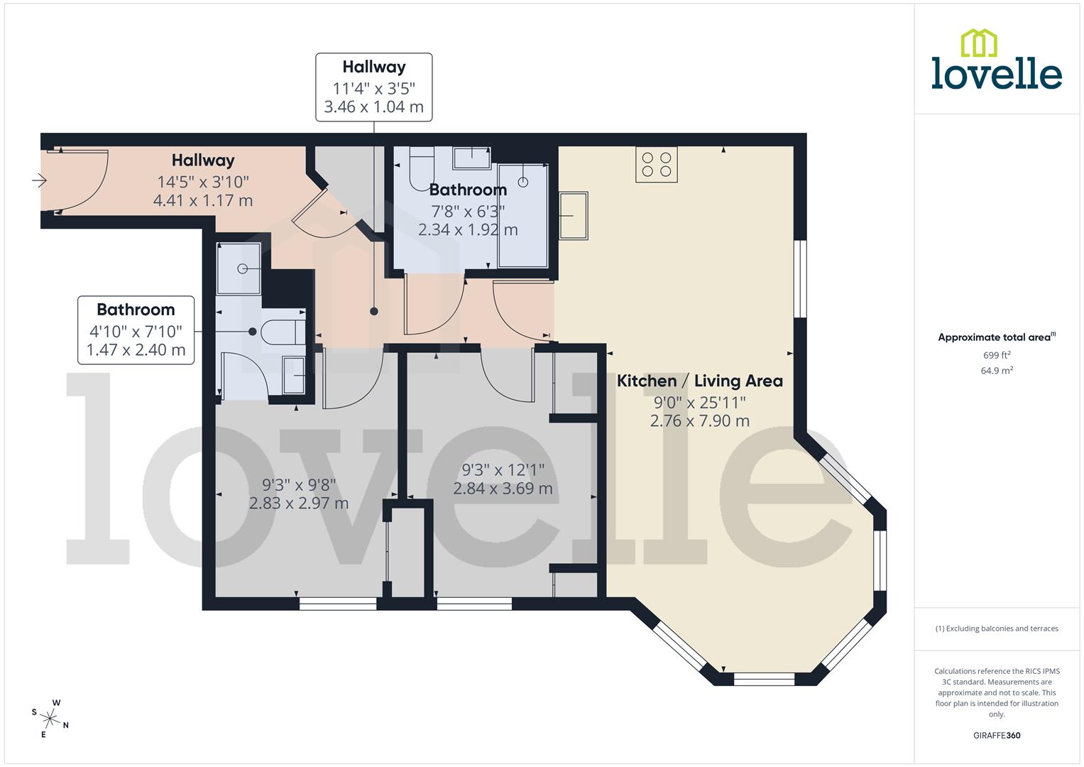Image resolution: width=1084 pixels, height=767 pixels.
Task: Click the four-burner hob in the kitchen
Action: point(656,164)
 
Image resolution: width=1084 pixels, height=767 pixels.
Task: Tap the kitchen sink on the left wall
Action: point(574,215)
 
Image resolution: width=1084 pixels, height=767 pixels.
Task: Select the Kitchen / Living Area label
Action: point(699,381)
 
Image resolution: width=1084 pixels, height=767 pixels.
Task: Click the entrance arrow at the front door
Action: point(39,181)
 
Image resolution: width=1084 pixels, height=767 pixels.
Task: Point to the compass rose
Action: point(50,717)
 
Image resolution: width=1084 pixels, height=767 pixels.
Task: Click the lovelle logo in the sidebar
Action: point(996,60)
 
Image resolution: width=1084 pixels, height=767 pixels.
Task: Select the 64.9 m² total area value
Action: point(996,371)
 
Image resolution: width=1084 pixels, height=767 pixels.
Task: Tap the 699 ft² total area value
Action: point(996,355)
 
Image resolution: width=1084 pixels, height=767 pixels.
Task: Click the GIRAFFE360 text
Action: point(996,735)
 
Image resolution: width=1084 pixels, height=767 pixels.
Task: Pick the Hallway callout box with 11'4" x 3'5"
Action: point(373,87)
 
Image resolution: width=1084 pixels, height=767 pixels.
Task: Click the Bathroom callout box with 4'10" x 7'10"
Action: point(136,330)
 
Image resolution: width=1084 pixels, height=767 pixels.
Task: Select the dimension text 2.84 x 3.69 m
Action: point(503,489)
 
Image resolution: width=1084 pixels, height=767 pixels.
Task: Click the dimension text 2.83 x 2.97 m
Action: point(299,504)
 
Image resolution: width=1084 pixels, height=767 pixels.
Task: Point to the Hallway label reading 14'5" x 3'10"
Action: point(203,180)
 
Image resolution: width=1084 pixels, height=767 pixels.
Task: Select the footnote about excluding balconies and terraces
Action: point(996,629)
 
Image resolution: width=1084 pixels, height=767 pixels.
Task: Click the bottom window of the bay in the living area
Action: point(764,678)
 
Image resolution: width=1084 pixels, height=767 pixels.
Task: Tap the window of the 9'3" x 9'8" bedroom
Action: point(338,604)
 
